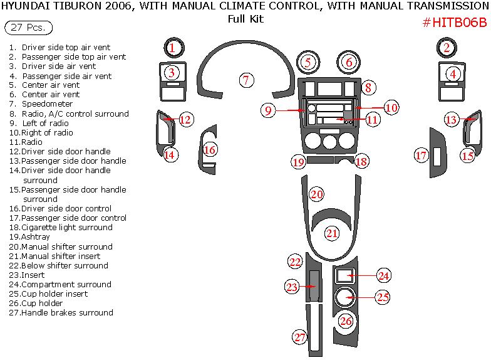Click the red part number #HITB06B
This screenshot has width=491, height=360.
[x=455, y=23]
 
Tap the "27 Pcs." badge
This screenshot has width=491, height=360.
[x=28, y=28]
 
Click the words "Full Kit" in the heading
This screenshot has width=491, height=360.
[x=246, y=19]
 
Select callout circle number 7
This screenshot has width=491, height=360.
[x=247, y=80]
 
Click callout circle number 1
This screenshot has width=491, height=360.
[x=173, y=47]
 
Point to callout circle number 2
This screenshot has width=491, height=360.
[x=446, y=47]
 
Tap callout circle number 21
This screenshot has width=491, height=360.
[x=331, y=233]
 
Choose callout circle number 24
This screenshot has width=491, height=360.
[x=383, y=275]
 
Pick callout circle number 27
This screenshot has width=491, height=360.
[x=300, y=337]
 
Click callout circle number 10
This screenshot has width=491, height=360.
[x=391, y=107]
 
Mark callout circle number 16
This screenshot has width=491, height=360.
[x=210, y=150]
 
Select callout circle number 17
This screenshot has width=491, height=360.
[x=421, y=154]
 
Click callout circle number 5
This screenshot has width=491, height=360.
[x=308, y=62]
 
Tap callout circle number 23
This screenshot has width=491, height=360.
[x=292, y=287]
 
